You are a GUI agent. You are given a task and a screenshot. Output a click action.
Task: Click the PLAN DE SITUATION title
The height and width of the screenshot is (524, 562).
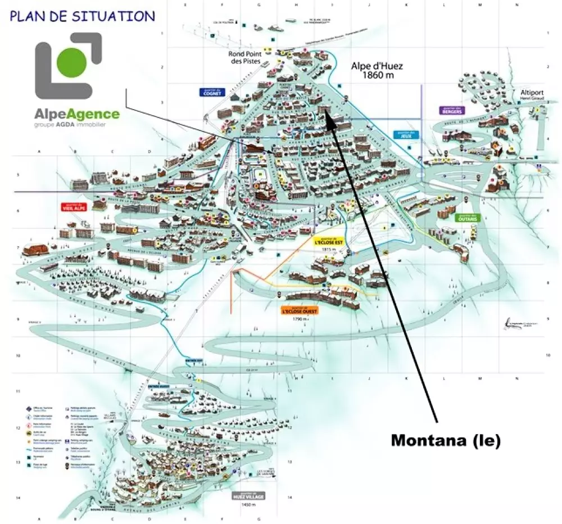(82, 16)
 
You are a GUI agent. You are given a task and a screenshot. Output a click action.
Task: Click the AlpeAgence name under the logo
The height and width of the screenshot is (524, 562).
(77, 115)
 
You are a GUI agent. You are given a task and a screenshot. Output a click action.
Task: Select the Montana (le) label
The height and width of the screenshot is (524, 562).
(445, 440)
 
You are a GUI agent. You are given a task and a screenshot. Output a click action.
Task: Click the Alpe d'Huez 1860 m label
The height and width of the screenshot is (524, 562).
(377, 70)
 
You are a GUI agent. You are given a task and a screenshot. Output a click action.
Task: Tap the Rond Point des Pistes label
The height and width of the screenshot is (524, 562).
(245, 58)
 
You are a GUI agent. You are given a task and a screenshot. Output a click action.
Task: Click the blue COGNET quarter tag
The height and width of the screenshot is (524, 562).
(211, 92)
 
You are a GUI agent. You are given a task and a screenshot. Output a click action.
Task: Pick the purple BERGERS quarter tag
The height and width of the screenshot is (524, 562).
(452, 111)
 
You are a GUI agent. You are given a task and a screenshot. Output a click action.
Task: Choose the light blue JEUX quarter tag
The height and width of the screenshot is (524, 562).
(404, 135)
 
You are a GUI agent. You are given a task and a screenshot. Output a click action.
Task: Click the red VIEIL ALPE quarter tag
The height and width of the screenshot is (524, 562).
(75, 207)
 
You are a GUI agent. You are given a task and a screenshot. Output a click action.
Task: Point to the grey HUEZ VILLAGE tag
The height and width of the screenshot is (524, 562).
(247, 496)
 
